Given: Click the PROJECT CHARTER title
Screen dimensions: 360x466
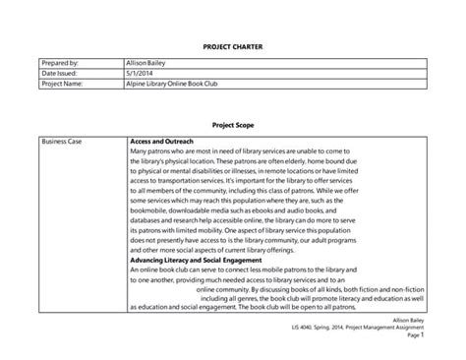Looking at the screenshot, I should click(233, 45).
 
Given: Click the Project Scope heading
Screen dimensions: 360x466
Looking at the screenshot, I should click(233, 126).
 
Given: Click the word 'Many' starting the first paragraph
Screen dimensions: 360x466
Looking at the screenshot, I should click(141, 152).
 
